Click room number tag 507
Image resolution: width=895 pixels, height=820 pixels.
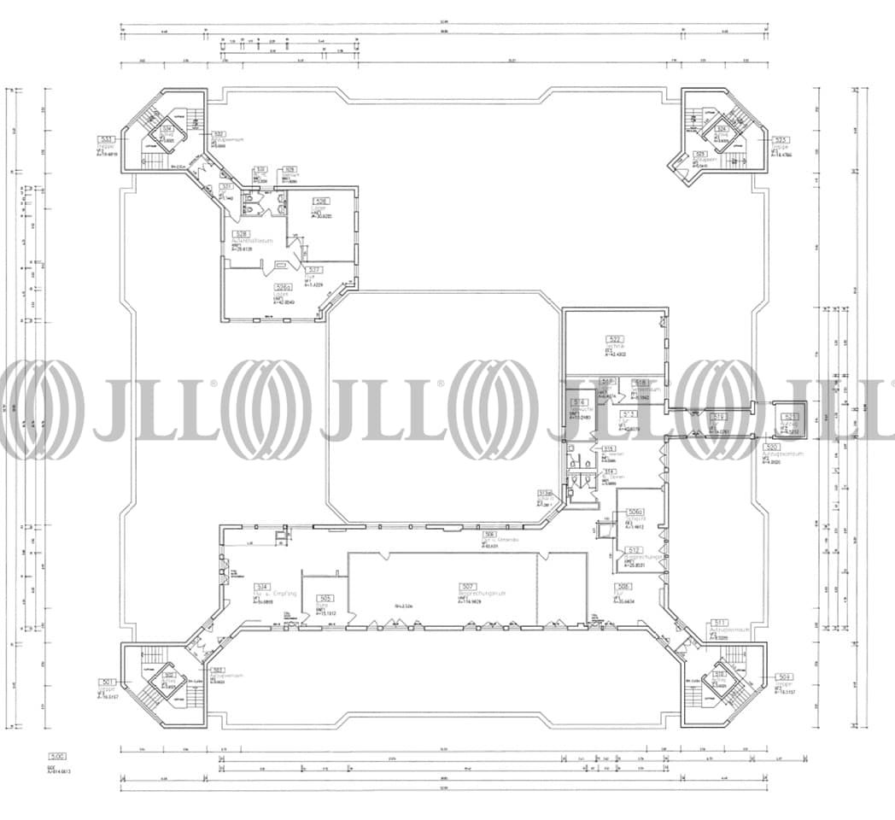coord(467,587)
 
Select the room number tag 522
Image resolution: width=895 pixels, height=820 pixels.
coord(613,339)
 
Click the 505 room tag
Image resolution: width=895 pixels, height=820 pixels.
coord(325,599)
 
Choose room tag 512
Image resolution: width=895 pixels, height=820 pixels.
coord(634,550)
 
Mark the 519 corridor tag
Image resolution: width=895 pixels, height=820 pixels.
coord(719,418)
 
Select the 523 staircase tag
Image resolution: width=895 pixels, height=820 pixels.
coord(780,140)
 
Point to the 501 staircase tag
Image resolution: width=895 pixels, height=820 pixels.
coord(107,682)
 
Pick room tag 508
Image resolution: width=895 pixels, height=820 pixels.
coord(624,587)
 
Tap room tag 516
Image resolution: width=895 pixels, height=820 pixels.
coord(579,402)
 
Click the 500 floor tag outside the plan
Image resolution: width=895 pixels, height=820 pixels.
coord(57,757)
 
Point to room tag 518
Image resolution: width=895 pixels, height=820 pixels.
coord(641,383)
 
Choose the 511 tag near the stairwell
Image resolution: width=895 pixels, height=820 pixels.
coord(720,623)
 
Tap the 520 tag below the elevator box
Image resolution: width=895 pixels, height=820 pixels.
coord(772,448)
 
